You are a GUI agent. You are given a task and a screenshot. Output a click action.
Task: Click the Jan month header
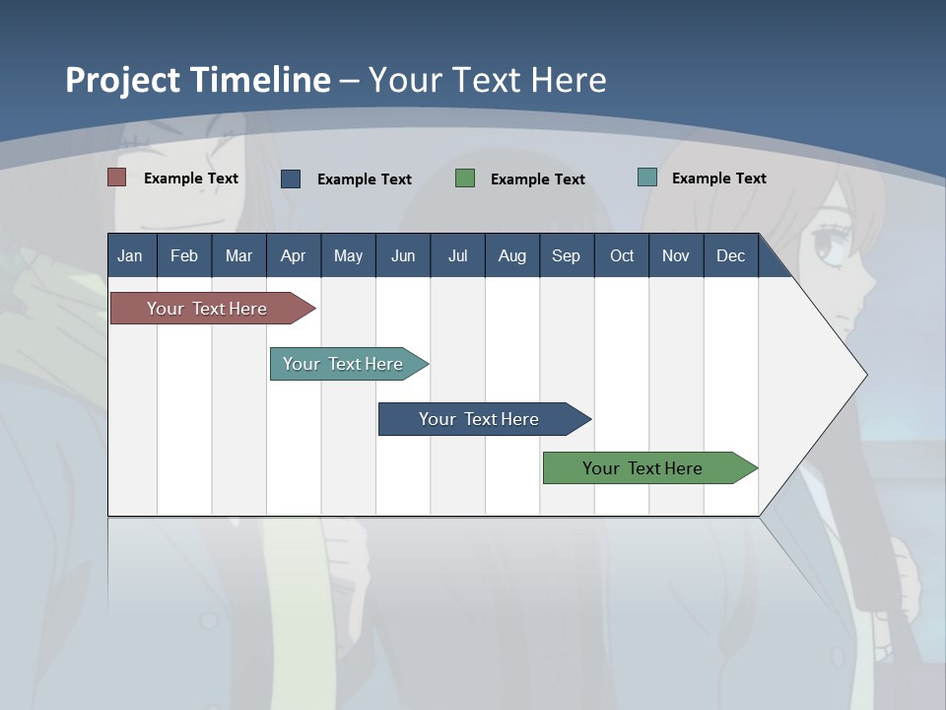130,255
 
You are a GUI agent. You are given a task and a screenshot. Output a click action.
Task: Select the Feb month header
184,255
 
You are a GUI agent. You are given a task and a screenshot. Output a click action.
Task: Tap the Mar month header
238,255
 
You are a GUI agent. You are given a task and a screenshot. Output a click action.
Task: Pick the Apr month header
293,255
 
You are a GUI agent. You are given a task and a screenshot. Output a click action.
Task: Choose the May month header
348,255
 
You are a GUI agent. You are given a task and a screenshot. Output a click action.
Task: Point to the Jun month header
403,255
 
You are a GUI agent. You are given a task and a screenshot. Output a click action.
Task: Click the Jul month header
457,255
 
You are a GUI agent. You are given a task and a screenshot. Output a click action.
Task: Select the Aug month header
512,255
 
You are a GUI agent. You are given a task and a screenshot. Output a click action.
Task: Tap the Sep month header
567,255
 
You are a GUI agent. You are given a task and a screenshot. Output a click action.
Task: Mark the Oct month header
622,255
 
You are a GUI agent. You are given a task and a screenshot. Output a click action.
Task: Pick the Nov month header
676,255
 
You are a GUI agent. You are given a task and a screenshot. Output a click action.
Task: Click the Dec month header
731,255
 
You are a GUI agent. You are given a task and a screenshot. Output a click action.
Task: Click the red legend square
117,177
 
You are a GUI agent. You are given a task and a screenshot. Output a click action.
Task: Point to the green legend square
465,178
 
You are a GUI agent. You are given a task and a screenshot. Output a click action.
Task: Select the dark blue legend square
291,178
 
